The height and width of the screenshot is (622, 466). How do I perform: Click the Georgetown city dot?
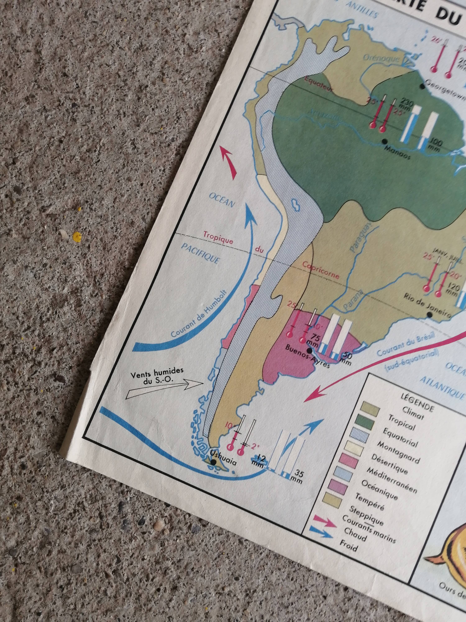422,87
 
